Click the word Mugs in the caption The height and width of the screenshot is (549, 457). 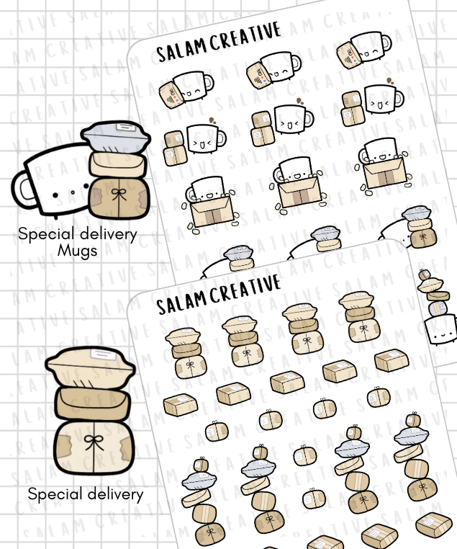tap(77, 251)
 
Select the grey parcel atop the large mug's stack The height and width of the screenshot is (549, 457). tap(116, 137)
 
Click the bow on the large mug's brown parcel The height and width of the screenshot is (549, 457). tap(119, 195)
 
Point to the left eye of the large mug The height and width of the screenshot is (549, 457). tap(55, 195)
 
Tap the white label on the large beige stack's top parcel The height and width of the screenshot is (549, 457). tap(103, 354)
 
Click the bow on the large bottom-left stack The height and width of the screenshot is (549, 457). tap(94, 442)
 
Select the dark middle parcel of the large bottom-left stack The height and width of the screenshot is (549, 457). tap(93, 403)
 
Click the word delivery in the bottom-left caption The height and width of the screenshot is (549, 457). tap(114, 495)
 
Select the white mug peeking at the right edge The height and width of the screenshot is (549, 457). tap(441, 329)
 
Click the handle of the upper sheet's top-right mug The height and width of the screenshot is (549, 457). tap(386, 43)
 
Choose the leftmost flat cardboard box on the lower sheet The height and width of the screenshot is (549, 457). tap(181, 405)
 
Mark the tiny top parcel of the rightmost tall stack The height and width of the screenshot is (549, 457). tap(413, 419)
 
